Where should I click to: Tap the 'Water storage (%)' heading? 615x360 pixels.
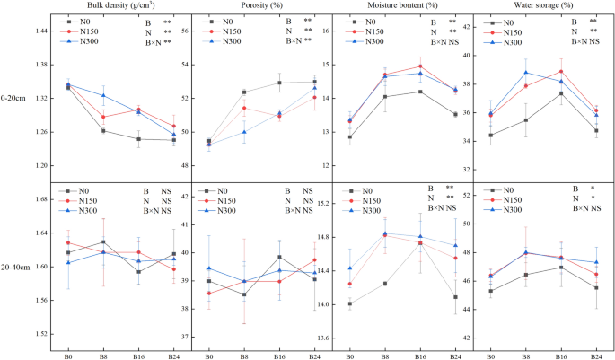542,4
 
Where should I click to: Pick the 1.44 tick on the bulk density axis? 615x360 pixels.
42,31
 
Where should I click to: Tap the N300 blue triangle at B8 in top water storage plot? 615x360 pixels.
526,73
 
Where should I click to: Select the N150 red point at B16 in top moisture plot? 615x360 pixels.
420,66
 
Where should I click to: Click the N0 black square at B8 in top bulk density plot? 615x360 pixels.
103,131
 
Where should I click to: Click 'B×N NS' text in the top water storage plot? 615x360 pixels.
580,41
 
